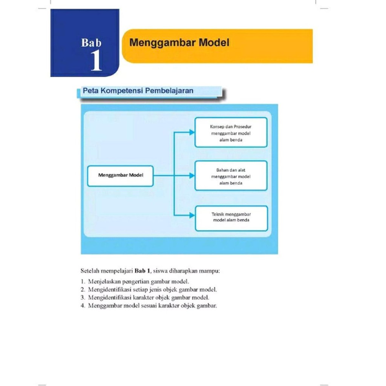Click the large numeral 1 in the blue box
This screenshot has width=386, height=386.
click(96, 61)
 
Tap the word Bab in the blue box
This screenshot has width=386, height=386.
click(91, 43)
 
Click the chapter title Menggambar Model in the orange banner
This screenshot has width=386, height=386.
click(179, 43)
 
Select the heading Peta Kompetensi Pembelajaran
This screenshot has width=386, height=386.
click(138, 91)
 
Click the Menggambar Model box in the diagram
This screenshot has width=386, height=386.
click(120, 176)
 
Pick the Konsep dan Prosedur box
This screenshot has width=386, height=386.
click(231, 132)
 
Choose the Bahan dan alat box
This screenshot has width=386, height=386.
click(231, 176)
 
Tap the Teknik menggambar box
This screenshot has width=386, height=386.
click(231, 218)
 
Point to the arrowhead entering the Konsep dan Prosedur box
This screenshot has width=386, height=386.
click(192, 132)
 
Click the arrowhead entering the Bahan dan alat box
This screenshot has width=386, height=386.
click(192, 176)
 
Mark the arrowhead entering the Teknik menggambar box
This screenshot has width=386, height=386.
click(192, 216)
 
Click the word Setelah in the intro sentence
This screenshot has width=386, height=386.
click(90, 271)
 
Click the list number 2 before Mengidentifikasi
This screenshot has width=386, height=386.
click(82, 289)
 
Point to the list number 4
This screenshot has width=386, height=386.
click(82, 305)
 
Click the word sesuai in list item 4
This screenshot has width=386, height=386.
click(150, 305)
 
